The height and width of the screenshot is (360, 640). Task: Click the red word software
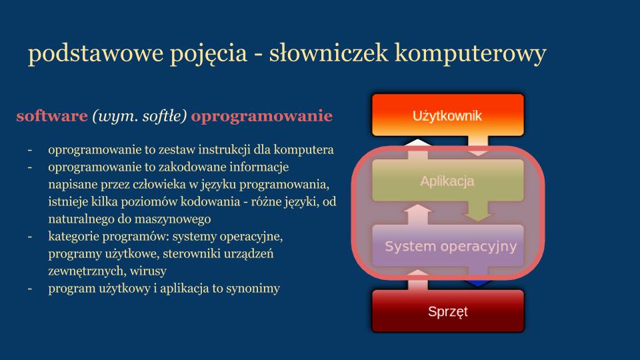(52, 117)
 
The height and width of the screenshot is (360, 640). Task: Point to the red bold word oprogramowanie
(261, 117)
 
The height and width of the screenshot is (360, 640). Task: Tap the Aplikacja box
(447, 181)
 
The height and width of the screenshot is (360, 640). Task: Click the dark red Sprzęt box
(447, 311)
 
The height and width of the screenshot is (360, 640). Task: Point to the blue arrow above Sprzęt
(478, 283)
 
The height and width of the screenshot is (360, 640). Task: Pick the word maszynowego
(172, 219)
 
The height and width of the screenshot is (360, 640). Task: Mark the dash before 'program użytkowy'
(31, 289)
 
